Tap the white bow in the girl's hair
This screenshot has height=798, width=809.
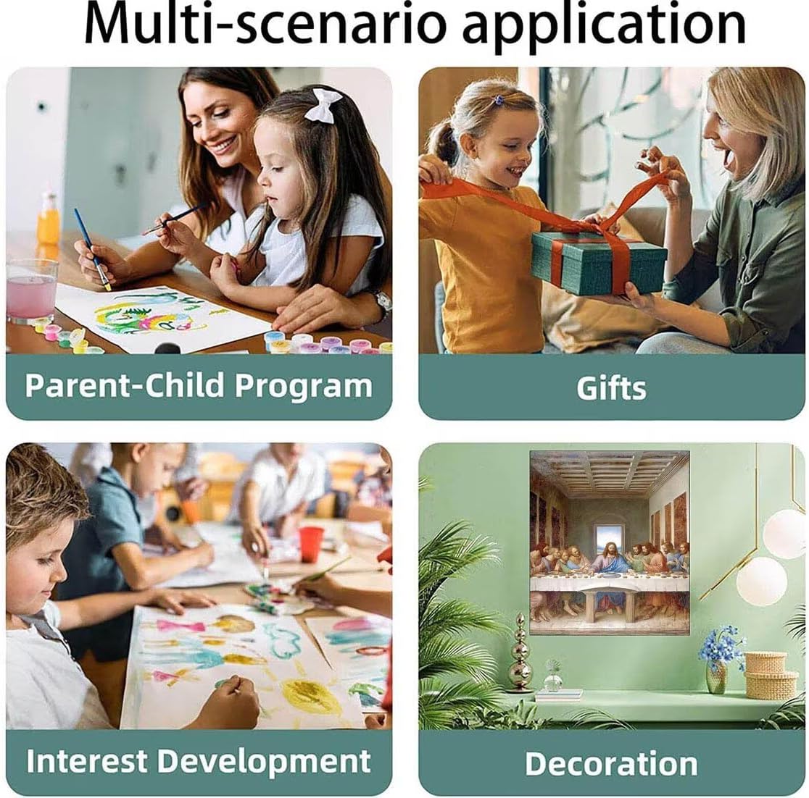point(323,105)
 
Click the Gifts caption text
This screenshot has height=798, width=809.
point(611,387)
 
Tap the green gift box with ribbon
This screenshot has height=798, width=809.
point(599,261)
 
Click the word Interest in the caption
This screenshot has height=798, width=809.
point(86,760)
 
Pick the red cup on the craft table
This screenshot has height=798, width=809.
point(311,545)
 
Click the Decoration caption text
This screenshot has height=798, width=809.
point(611,763)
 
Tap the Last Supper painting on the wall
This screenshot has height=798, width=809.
point(610,542)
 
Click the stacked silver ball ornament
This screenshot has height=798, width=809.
point(520,652)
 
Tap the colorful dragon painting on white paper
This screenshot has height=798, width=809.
point(149,314)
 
